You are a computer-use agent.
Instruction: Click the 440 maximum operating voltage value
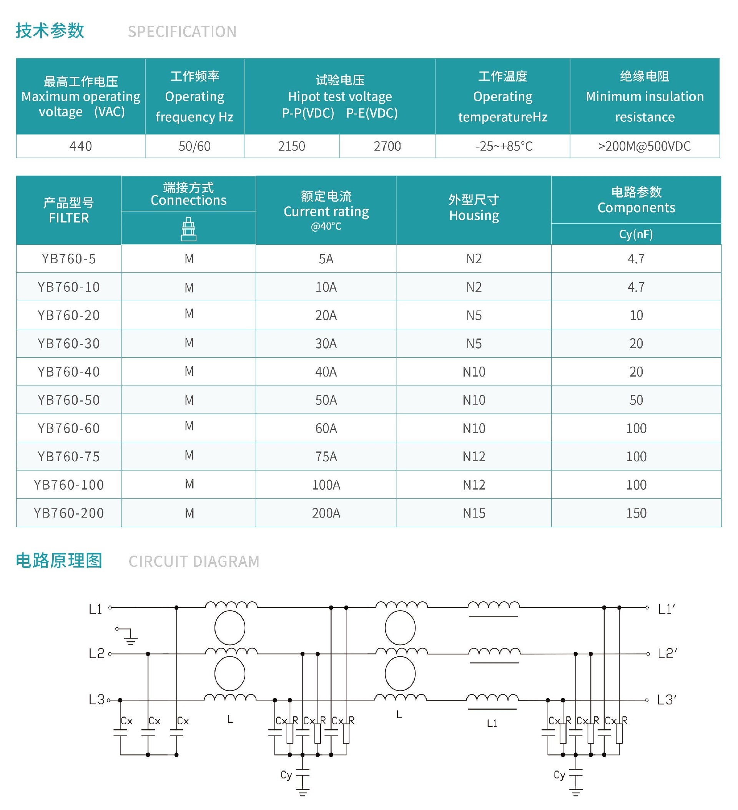(80, 146)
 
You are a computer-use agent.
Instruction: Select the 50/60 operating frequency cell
(194, 146)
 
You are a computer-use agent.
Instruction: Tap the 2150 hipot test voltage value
(291, 146)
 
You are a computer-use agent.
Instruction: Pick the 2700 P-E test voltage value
(387, 146)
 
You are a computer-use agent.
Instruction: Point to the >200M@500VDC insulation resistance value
(644, 146)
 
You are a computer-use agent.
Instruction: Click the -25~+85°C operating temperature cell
(504, 146)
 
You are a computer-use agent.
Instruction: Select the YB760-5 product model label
(69, 259)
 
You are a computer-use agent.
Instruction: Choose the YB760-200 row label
(69, 513)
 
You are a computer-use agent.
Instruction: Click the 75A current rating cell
(326, 456)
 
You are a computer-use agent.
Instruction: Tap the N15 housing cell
(474, 513)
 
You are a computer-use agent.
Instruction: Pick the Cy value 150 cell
(636, 513)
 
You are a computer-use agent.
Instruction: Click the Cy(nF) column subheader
(636, 234)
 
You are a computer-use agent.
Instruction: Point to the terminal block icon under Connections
(188, 229)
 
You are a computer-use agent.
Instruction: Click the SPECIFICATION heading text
(182, 32)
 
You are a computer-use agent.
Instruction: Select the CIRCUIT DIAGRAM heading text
(194, 561)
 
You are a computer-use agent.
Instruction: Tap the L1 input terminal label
(95, 609)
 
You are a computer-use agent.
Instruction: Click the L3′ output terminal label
(667, 700)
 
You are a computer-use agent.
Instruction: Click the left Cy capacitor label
(286, 775)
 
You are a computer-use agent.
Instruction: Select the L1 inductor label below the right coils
(492, 723)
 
